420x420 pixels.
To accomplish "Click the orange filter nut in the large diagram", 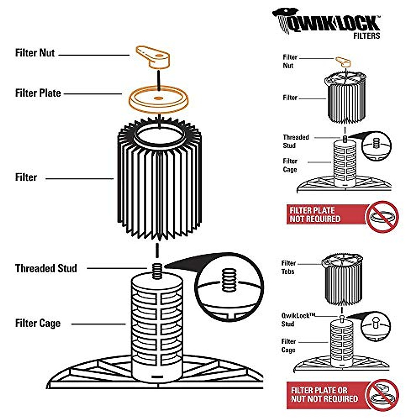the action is click(153, 57).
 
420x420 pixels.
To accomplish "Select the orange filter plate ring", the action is click(159, 100).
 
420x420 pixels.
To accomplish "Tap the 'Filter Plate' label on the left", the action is click(38, 93).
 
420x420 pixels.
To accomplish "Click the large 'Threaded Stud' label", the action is click(46, 268).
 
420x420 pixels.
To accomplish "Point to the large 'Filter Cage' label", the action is click(38, 323).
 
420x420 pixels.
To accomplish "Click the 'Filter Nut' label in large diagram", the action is click(35, 53).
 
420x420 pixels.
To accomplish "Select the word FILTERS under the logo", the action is click(366, 36).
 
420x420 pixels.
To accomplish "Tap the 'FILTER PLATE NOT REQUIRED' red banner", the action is click(327, 215).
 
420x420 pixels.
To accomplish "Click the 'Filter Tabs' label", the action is click(288, 267).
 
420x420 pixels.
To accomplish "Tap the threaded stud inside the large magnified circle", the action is click(229, 280).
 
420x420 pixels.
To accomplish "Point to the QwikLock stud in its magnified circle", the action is click(376, 322).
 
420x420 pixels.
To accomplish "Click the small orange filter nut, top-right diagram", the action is click(343, 62).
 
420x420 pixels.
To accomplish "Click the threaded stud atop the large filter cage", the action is click(157, 271).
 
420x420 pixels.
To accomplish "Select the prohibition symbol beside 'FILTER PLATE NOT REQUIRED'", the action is click(382, 217).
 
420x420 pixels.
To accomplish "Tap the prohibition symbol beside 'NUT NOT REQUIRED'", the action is click(382, 395).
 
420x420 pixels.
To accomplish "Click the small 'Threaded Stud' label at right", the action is click(296, 141).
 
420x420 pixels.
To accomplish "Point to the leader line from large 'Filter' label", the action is click(79, 179).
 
